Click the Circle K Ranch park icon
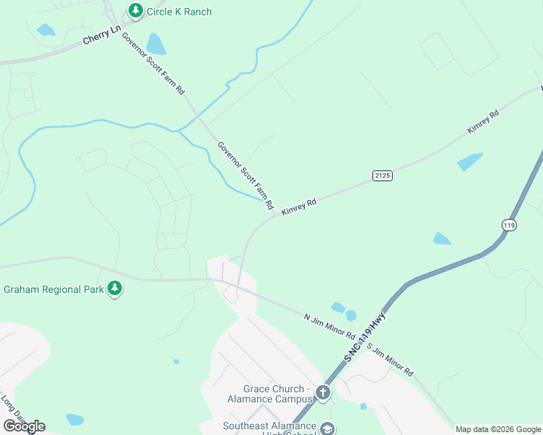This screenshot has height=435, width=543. [x=134, y=10]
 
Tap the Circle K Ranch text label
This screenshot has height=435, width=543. [x=179, y=11]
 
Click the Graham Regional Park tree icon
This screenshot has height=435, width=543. [x=114, y=289]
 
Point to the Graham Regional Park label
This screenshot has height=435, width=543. [x=53, y=289]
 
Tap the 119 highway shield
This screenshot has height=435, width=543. [x=510, y=225]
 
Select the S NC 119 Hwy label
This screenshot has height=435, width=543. [x=365, y=339]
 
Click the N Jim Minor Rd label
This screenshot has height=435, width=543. [x=329, y=326]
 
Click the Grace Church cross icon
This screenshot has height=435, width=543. [x=323, y=393]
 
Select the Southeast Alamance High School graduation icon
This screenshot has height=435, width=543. [x=327, y=429]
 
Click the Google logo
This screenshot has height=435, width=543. [x=23, y=426]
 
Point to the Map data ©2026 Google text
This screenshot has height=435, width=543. [x=497, y=429]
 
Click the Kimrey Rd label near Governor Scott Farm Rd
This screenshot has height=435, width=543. [x=299, y=205]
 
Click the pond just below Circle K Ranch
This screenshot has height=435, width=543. [x=155, y=44]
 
